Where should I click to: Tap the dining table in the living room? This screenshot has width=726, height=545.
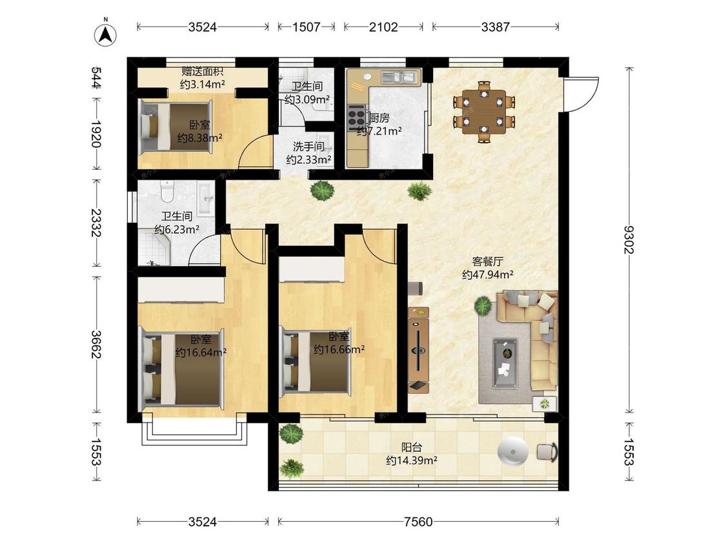click(484, 111)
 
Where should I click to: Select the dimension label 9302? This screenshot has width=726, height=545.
click(629, 240)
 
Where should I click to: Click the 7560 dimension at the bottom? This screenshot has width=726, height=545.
click(418, 522)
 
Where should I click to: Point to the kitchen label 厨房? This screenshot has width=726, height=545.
click(378, 118)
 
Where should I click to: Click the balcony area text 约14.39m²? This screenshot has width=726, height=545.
click(412, 460)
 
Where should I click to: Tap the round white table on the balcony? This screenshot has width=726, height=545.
click(512, 451)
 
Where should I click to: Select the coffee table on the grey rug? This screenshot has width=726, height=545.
click(505, 363)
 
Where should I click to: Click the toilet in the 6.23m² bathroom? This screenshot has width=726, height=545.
click(166, 191)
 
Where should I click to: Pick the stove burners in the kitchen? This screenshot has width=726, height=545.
click(356, 116)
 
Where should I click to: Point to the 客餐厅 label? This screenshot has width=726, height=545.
click(487, 262)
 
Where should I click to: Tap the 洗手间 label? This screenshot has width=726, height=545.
click(308, 147)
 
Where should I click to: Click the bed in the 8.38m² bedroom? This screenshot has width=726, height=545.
click(176, 127)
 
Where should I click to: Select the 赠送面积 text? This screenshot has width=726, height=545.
click(202, 72)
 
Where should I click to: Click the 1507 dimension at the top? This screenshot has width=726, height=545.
click(306, 27)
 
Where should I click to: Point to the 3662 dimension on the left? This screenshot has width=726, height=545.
click(96, 344)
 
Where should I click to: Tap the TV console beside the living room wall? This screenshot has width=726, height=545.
click(418, 349)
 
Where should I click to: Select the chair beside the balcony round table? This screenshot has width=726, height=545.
click(547, 452)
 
